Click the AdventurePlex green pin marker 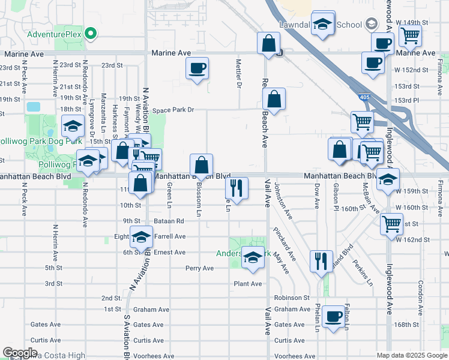point(91,34)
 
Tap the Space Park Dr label point(173,110)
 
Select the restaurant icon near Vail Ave point(237,188)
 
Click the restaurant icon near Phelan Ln point(321,260)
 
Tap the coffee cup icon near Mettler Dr point(197,68)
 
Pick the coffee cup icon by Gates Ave point(333,316)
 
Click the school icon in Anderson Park point(253,257)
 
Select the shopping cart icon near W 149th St point(411,35)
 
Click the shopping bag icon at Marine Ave point(268,43)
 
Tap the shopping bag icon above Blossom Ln point(201,164)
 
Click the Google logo point(20,353)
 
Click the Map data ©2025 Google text point(411,355)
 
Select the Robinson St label point(292,297)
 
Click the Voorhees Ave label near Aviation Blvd point(149,356)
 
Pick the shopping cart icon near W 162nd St point(392,224)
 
